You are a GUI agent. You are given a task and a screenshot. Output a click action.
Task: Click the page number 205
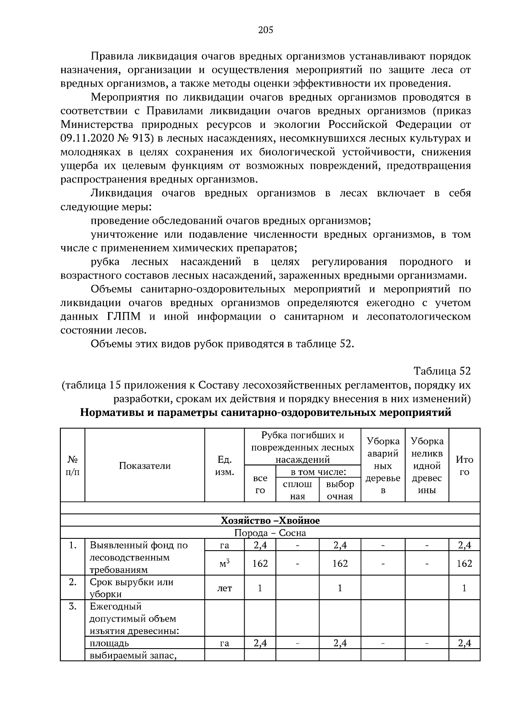(266, 30)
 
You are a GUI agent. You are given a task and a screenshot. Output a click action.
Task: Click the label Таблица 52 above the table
(442, 371)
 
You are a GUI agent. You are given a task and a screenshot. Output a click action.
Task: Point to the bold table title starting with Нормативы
(266, 413)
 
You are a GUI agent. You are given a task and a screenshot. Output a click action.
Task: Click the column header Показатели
(144, 466)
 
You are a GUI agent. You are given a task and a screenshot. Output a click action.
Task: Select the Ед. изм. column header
(224, 466)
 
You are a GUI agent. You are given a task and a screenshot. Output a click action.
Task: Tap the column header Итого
(464, 466)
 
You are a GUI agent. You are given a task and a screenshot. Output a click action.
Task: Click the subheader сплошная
(297, 490)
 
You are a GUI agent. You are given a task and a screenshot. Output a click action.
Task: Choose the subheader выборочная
(340, 490)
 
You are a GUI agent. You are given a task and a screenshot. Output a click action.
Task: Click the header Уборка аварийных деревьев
(383, 466)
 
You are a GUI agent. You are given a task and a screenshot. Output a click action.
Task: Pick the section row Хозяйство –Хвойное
(270, 521)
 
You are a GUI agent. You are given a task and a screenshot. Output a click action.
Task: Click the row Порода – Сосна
(270, 533)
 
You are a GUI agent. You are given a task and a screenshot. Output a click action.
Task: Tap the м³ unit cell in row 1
(224, 564)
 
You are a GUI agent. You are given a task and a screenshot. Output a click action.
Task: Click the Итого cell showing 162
(464, 564)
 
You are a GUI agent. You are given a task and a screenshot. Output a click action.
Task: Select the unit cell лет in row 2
(224, 588)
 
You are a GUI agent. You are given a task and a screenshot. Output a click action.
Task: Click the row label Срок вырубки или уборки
(131, 588)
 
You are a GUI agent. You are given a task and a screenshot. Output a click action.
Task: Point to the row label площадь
(109, 644)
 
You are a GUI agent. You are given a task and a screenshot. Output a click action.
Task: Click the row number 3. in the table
(73, 607)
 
